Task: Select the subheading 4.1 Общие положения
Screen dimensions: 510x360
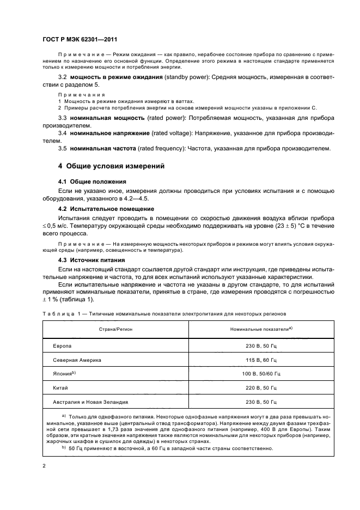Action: click(x=92, y=181)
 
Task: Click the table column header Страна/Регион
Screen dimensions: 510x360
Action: click(x=114, y=330)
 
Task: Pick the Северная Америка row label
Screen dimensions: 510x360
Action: click(x=77, y=360)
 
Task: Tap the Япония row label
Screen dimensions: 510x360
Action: click(x=64, y=374)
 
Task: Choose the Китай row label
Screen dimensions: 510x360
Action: click(x=60, y=388)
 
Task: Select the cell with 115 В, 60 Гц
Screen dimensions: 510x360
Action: click(x=261, y=360)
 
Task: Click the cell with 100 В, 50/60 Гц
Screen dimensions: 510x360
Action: click(x=261, y=374)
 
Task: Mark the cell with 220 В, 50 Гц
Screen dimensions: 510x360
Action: click(x=261, y=388)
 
